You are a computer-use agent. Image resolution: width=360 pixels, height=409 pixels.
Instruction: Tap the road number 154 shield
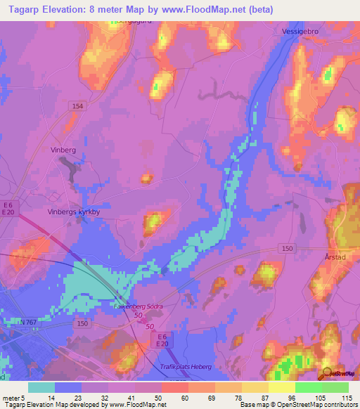coord(77,105)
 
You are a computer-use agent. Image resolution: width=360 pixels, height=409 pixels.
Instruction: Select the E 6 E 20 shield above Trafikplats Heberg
coord(161,339)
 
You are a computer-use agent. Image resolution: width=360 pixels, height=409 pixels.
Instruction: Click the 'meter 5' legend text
coord(12,397)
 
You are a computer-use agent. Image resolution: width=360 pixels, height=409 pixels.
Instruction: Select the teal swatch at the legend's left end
coord(41,387)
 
